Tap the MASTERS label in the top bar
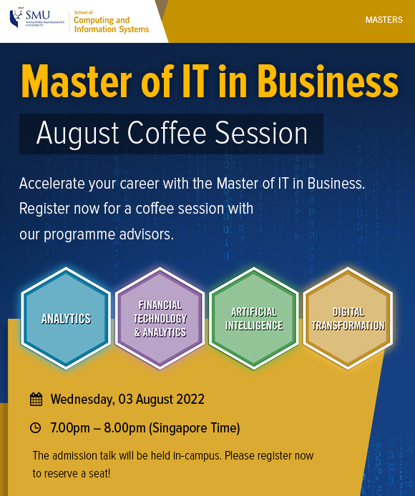(384, 20)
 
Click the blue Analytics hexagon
(66, 319)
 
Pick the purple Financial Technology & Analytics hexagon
(160, 319)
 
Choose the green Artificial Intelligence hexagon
(254, 319)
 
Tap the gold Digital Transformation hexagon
(348, 319)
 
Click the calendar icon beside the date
(36, 400)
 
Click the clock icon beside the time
(36, 428)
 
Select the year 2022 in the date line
(190, 400)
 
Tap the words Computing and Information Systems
(112, 24)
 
